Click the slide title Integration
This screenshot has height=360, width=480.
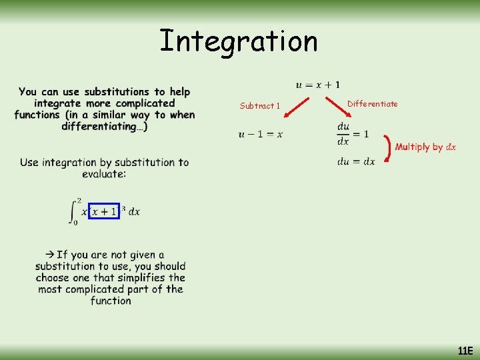point(239,41)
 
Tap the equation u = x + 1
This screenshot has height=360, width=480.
point(317,85)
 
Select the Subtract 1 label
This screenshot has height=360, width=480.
point(260,105)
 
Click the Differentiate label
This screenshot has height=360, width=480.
point(373,103)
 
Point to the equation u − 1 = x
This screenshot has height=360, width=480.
point(261,135)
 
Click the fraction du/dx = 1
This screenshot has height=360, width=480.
point(353,133)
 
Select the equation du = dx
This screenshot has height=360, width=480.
point(356,161)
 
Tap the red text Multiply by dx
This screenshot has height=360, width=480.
point(425,147)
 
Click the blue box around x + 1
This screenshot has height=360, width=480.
point(103,211)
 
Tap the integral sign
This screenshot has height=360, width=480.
point(73,212)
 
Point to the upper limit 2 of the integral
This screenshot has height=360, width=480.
point(79,200)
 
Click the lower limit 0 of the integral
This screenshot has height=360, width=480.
point(75,223)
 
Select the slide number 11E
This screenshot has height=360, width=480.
point(465,351)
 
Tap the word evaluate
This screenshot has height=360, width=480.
point(104,173)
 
